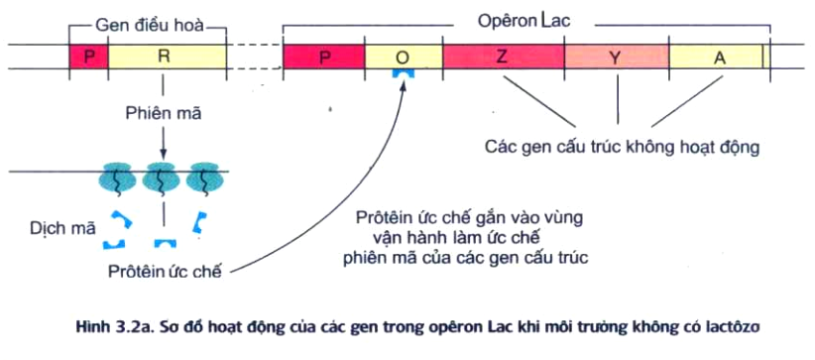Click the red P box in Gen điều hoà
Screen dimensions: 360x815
coord(88,57)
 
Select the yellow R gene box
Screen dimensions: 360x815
coord(164,57)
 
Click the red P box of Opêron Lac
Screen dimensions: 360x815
coord(324,57)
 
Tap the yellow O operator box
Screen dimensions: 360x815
coord(403,57)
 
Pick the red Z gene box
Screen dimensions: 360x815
coord(503,57)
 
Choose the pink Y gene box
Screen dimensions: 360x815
coord(615,57)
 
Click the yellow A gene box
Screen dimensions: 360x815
coord(718,57)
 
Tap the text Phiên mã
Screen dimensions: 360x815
coord(164,113)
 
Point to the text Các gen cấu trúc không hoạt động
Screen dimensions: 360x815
coord(622,147)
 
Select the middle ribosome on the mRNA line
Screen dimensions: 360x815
coord(163,179)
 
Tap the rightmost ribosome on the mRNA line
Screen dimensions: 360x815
coord(204,179)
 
